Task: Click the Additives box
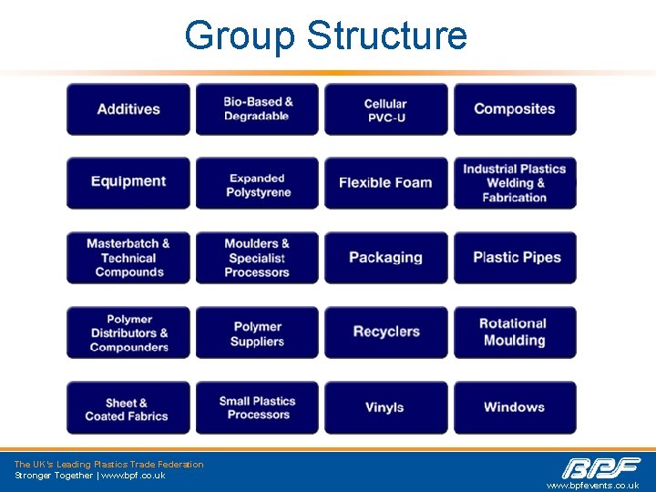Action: tap(128, 109)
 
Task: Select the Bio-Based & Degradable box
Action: tap(257, 109)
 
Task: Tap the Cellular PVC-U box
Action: tap(386, 109)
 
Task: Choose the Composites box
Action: tap(515, 109)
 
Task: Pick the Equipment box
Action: tap(128, 182)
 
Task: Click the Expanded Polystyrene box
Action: tap(257, 184)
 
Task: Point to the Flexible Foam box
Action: tap(386, 183)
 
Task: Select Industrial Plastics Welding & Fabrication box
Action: tap(515, 183)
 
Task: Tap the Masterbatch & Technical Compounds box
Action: tap(128, 258)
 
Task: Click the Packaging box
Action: tap(386, 258)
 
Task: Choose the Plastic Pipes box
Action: tap(515, 258)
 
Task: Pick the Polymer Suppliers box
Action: tap(257, 333)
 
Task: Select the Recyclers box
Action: tap(386, 333)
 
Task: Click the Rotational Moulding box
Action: tap(515, 333)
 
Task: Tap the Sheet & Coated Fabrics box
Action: tap(128, 408)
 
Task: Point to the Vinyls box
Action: tap(386, 408)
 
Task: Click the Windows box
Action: tap(515, 408)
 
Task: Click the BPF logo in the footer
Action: tap(601, 468)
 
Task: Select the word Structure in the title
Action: tap(387, 36)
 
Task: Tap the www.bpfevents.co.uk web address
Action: tap(592, 486)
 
